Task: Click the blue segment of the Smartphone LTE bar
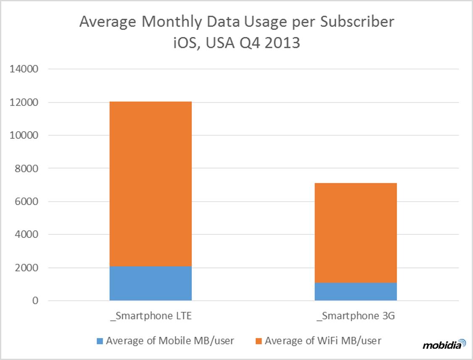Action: pos(151,284)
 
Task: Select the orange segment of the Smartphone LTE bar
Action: pos(151,184)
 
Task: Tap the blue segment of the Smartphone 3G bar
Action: pos(356,292)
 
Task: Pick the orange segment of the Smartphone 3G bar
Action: pos(356,233)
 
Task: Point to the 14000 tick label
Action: pos(24,69)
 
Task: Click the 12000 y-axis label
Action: pos(24,102)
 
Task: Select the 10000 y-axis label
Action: pos(24,135)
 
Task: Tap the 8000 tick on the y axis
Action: pos(26,168)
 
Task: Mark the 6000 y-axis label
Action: pos(26,202)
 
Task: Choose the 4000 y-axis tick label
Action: pos(26,235)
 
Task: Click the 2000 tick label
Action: pos(26,268)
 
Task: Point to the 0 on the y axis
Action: pos(36,301)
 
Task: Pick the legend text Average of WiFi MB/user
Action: pos(323,341)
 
